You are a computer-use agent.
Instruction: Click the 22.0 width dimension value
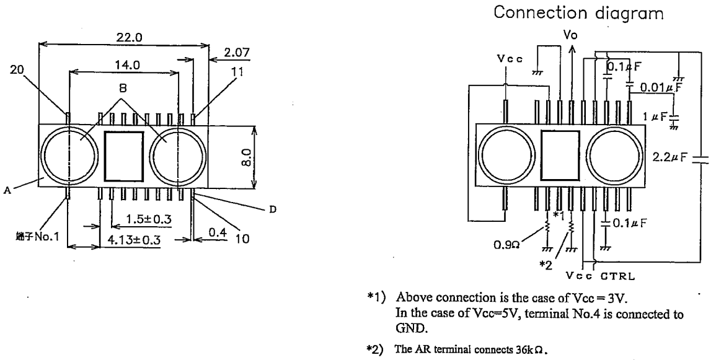pos(128,38)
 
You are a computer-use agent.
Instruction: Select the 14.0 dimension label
pos(127,65)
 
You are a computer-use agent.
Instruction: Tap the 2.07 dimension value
pos(237,53)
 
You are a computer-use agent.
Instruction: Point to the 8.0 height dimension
pos(247,157)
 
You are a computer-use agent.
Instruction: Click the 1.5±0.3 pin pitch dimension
pos(148,219)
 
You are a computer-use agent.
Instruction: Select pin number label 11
pos(237,72)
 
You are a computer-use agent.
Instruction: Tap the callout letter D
pos(273,209)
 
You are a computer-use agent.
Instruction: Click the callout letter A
pos(7,191)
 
